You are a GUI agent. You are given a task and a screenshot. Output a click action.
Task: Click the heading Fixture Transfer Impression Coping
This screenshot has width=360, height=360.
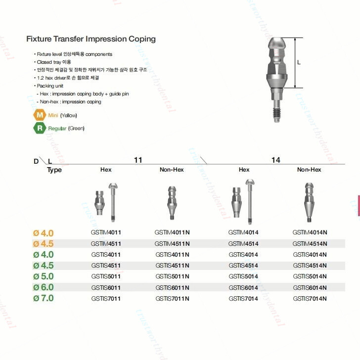pyautogui.click(x=91, y=39)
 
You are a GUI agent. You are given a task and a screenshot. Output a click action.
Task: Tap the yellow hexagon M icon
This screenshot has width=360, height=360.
pyautogui.click(x=40, y=115)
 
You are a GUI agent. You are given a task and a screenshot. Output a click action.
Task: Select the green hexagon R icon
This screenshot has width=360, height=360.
pyautogui.click(x=40, y=128)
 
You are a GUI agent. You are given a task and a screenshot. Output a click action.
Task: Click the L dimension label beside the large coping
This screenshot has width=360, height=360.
pyautogui.click(x=299, y=62)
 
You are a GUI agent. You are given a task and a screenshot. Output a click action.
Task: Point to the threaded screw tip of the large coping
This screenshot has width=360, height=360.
pyautogui.click(x=277, y=113)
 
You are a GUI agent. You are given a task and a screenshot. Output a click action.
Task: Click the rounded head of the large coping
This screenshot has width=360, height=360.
pyautogui.click(x=277, y=43)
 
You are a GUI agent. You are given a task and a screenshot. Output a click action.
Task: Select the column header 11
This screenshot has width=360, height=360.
pyautogui.click(x=138, y=160)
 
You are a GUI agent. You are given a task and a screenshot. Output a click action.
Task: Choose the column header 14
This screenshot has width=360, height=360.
pyautogui.click(x=276, y=160)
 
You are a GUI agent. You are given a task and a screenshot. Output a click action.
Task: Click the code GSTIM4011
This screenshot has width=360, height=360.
pyautogui.click(x=106, y=232)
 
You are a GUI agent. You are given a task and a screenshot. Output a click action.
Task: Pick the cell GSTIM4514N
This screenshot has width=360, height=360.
pyautogui.click(x=310, y=244)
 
